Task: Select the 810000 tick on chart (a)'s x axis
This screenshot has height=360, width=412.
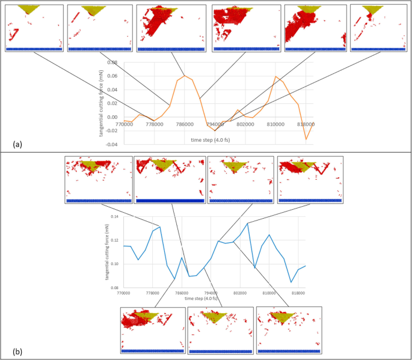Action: coord(275,124)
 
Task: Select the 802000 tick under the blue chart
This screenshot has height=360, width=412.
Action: coord(240,293)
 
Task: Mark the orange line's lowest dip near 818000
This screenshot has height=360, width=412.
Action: coord(306,139)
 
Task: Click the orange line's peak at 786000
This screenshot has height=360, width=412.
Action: coord(186,76)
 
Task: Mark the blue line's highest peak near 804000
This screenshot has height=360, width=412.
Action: coord(248,223)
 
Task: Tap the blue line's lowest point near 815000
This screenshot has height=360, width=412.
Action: coord(291,282)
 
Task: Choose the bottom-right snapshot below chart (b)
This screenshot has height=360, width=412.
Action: coord(289,331)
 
